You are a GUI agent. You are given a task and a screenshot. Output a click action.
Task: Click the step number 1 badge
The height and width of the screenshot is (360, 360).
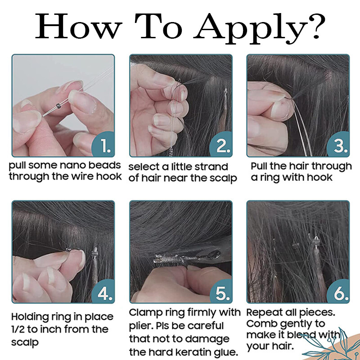[x=103, y=144]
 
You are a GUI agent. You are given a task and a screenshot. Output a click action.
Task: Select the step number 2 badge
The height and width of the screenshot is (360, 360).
[x=221, y=144]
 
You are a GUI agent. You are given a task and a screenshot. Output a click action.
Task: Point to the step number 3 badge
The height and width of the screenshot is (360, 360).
[x=338, y=144]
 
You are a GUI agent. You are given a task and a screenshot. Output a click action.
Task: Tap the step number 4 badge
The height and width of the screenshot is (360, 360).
[x=103, y=291]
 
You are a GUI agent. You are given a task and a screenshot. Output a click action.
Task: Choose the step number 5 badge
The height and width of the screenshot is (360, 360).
[x=221, y=291]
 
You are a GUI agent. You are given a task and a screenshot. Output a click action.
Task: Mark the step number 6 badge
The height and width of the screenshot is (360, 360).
[x=338, y=291]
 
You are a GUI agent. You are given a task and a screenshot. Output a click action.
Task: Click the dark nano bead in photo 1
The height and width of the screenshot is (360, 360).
[x=58, y=106]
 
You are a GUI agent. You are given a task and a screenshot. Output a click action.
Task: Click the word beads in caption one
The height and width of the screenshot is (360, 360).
[x=104, y=165]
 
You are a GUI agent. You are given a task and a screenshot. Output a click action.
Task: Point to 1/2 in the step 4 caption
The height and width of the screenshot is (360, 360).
[x=18, y=329]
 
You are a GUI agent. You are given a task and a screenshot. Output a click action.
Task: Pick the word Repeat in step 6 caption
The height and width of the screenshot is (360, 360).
[x=261, y=313]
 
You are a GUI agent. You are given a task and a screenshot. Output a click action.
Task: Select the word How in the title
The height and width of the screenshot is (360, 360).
[x=78, y=26]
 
